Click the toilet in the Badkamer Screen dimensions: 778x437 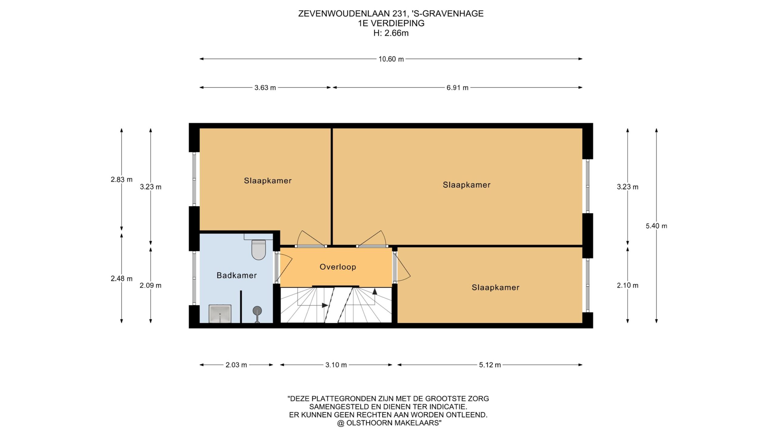click(x=259, y=249)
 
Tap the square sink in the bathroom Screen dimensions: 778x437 click(x=220, y=313)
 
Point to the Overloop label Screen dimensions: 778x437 click(x=338, y=267)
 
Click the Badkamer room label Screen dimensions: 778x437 click(x=237, y=275)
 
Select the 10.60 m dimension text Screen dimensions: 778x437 click(x=391, y=59)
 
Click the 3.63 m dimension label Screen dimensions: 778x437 click(x=265, y=88)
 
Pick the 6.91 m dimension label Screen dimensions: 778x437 click(x=457, y=88)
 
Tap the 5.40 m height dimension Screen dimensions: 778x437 click(x=656, y=226)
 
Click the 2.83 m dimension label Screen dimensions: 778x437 click(x=122, y=179)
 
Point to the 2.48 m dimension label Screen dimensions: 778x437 click(x=122, y=278)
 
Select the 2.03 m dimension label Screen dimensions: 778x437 click(x=236, y=365)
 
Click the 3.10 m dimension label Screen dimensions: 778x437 click(x=336, y=365)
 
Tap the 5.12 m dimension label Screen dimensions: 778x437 click(x=490, y=365)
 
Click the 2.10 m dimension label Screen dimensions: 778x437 click(x=628, y=285)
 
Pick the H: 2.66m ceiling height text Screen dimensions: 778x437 click(x=391, y=33)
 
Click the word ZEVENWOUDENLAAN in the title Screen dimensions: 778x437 click(x=344, y=14)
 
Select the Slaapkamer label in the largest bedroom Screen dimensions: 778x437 click(x=466, y=185)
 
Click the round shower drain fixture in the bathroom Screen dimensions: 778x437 click(x=257, y=311)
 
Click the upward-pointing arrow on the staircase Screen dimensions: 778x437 click(x=375, y=291)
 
